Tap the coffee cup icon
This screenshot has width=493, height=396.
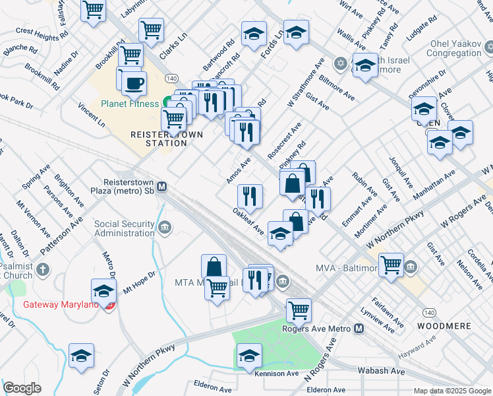pos(134,83)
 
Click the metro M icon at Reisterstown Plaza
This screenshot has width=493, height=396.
pos(161,186)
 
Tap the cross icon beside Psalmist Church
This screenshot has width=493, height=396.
pos(43,269)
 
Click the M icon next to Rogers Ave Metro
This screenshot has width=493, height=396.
pos(359,329)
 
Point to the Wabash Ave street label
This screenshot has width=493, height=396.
pos(381,371)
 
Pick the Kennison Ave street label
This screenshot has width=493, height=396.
pos(276,374)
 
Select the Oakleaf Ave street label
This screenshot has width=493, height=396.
pos(248,221)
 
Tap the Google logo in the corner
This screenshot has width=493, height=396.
pos(22,388)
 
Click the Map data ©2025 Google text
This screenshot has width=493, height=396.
pos(451,391)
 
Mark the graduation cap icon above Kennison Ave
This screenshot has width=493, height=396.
pos(249,356)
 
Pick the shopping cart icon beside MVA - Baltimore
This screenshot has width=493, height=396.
pos(391,265)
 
